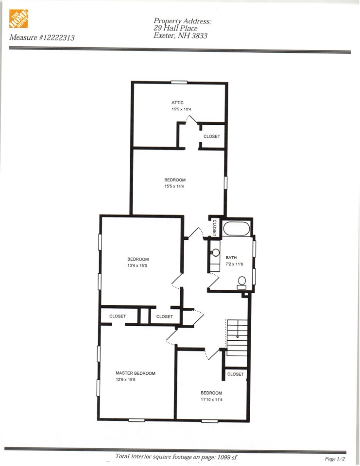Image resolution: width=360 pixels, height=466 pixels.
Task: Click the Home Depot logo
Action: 18,18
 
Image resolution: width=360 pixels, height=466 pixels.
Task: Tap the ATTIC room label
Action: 177,102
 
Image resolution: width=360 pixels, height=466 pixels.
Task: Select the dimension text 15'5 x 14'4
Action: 175,186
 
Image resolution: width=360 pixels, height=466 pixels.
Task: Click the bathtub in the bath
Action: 236,228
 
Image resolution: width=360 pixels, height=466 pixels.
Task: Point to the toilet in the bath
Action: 241,282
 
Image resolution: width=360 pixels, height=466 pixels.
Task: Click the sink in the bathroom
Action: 216,253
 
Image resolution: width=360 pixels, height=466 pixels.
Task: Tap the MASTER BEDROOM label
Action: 136,373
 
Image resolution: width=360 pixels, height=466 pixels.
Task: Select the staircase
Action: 237,338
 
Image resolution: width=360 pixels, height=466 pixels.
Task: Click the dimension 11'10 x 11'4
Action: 211,400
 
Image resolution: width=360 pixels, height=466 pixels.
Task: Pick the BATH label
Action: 231,258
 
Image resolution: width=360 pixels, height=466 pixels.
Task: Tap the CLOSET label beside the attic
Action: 212,136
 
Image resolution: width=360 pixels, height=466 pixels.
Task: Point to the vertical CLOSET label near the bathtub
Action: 214,228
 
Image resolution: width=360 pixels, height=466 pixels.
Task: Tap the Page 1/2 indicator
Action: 335,458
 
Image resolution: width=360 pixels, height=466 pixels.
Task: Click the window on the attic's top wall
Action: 178,82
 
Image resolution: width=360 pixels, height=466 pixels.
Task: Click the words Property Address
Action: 183,21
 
